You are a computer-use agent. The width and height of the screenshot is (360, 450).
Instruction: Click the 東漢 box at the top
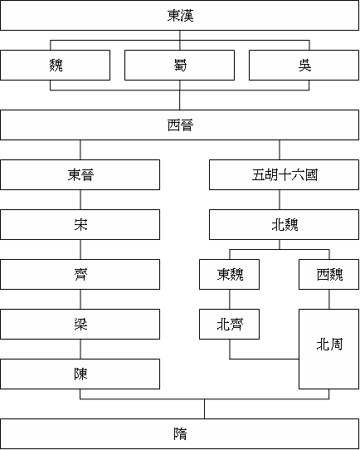(180, 16)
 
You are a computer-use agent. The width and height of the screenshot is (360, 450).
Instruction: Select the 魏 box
(56, 66)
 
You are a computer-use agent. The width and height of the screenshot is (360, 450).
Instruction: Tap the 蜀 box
(180, 66)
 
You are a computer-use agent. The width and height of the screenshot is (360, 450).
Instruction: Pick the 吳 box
(304, 66)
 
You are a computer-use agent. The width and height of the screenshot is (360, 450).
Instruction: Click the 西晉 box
(180, 125)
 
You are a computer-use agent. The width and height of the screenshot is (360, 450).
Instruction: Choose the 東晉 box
(80, 175)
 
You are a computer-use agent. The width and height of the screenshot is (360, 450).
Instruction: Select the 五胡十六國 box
(280, 175)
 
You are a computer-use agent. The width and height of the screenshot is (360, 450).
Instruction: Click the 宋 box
(80, 225)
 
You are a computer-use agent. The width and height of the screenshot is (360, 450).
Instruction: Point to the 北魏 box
(280, 225)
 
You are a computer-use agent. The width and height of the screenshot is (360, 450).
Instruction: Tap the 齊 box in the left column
(80, 275)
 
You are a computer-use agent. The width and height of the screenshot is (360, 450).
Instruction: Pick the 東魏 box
(230, 275)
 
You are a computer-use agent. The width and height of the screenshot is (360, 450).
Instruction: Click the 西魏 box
(328, 275)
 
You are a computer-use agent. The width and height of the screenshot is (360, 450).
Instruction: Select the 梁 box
(80, 325)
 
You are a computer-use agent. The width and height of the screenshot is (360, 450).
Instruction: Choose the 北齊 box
(230, 325)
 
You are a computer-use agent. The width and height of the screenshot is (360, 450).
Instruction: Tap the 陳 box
(80, 374)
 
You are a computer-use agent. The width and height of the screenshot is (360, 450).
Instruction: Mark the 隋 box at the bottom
(180, 433)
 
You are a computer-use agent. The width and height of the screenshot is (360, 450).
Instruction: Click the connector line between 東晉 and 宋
(80, 200)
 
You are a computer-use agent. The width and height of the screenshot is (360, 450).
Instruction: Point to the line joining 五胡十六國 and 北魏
(280, 200)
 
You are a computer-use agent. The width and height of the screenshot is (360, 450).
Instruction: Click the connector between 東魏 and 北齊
(230, 300)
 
